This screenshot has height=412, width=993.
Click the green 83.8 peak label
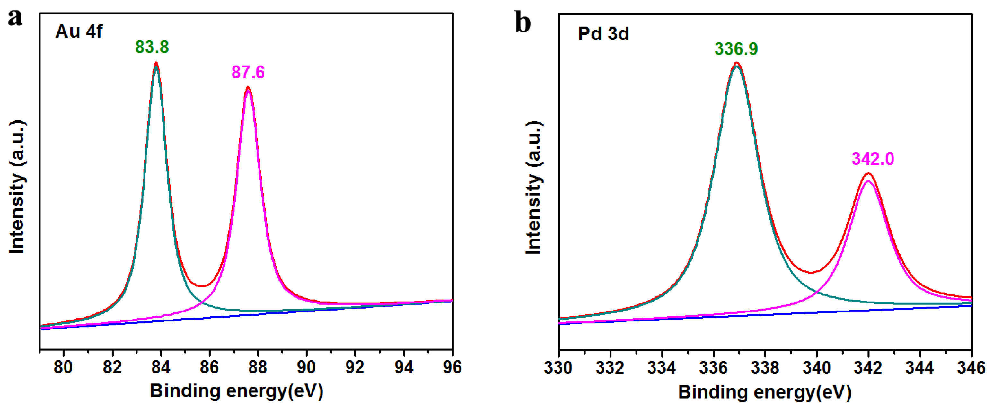tap(152, 47)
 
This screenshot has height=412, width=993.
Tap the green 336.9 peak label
tap(736, 49)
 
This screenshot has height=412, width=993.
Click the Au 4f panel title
tap(79, 31)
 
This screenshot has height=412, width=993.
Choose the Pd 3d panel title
tap(603, 34)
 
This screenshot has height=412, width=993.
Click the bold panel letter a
tap(15, 18)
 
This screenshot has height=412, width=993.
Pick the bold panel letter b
tap(523, 22)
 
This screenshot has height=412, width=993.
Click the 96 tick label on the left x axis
tap(452, 367)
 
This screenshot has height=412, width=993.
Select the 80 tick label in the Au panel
tap(63, 367)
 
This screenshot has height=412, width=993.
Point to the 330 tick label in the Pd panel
tap(558, 368)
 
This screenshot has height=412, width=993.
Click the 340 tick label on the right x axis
tap(816, 368)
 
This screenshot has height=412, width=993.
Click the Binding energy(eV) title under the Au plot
tap(236, 391)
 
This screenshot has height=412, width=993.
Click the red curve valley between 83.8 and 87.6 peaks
tap(202, 286)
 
